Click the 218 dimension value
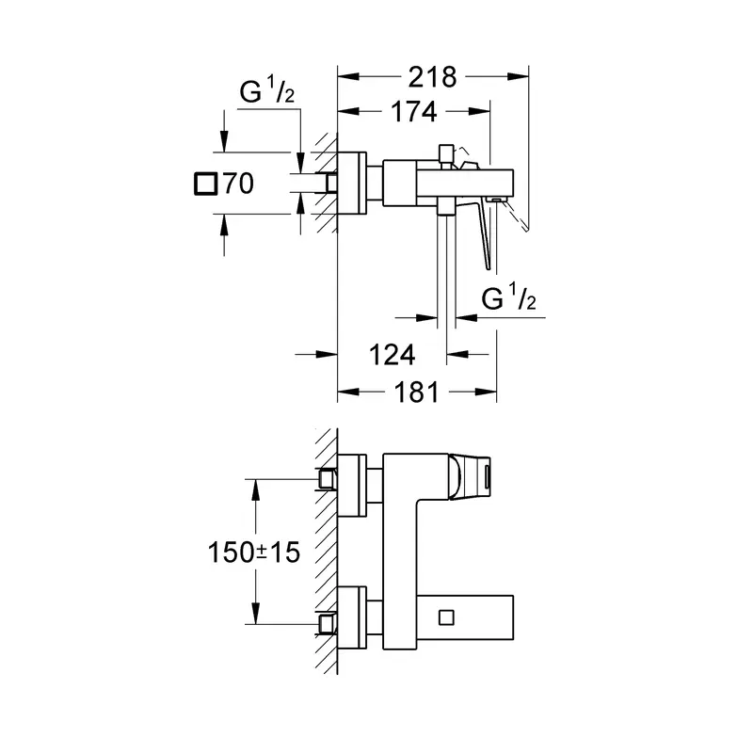432,77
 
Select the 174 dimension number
413,112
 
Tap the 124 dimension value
392,356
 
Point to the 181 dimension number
416,393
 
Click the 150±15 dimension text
253,553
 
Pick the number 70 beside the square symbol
239,184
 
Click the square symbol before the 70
205,184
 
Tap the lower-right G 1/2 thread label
508,297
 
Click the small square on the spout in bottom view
446,617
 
